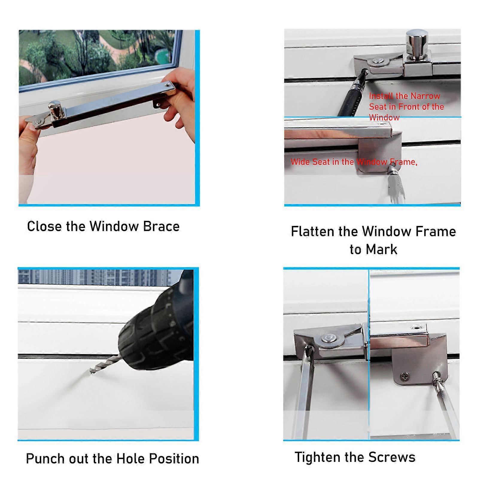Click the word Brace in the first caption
coord(161,226)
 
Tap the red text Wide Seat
coord(311,162)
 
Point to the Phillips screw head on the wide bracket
coord(405,377)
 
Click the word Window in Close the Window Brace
coord(113,226)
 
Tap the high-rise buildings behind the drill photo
coord(99,277)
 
